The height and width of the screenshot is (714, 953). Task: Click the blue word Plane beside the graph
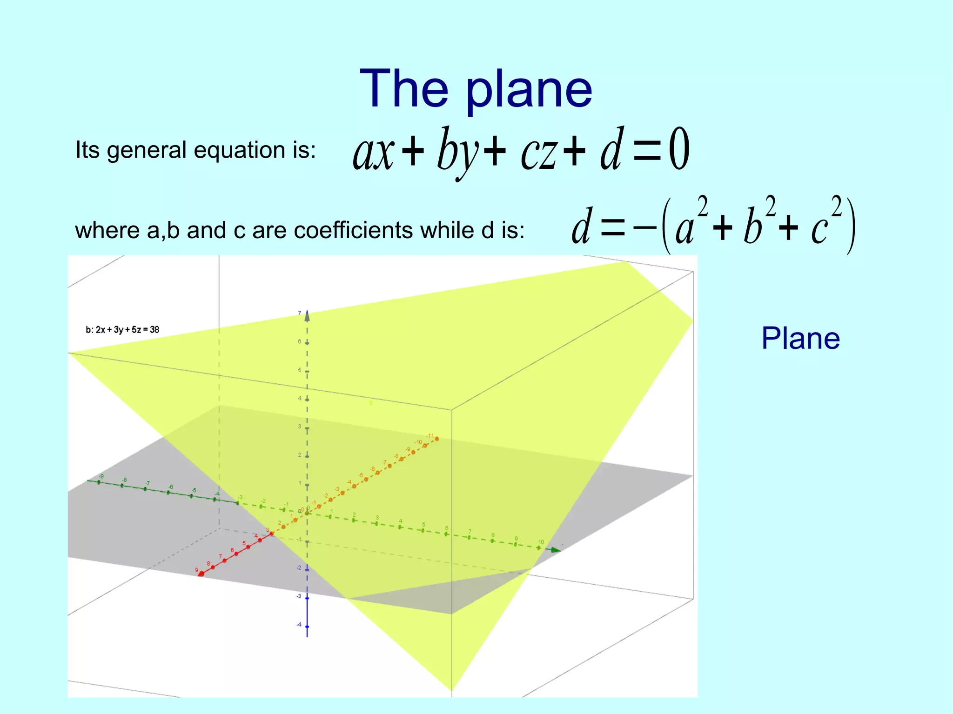[x=800, y=338]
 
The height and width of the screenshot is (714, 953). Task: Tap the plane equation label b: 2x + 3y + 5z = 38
[x=122, y=330]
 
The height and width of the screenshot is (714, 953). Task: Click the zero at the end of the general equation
[x=679, y=150]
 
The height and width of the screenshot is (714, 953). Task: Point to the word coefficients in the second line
[x=353, y=230]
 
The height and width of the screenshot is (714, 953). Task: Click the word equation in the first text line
[x=239, y=150]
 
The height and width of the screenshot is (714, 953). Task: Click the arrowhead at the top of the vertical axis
[x=307, y=316]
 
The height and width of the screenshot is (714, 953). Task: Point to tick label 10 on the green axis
[x=541, y=542]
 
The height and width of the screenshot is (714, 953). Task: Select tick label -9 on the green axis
[x=101, y=476]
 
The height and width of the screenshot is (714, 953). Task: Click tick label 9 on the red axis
[x=196, y=570]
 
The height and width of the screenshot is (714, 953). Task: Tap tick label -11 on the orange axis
[x=430, y=436]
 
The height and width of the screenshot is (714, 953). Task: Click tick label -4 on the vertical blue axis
[x=299, y=624]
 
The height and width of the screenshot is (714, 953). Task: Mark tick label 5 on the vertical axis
[x=300, y=370]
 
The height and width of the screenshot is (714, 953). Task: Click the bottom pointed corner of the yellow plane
[x=451, y=689]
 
